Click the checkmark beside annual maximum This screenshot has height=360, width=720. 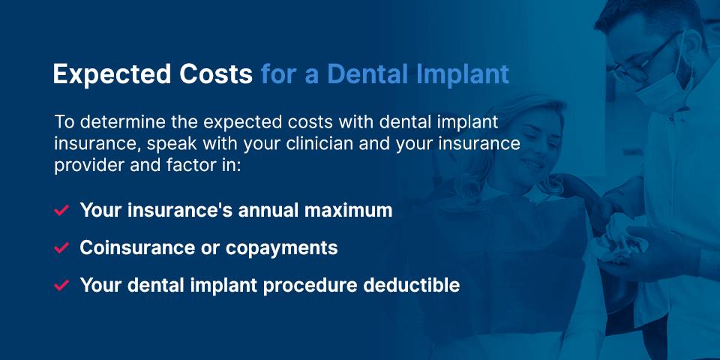click(61, 211)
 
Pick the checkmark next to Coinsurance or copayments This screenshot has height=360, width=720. click(61, 248)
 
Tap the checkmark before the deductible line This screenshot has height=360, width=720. click(61, 286)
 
